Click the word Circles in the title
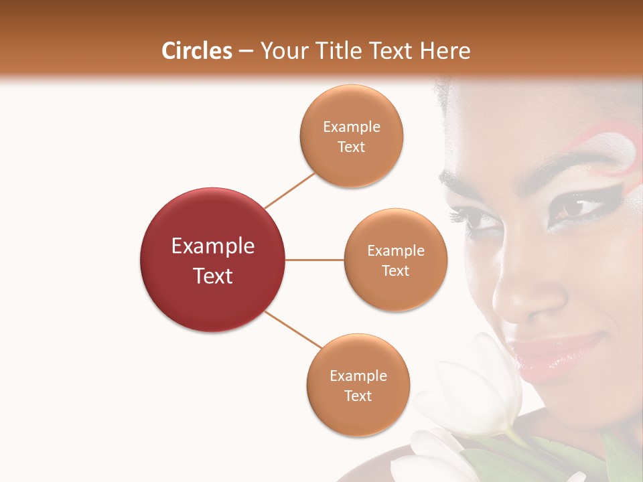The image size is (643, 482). [196, 51]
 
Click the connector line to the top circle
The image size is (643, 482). [289, 190]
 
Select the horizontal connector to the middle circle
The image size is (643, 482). [314, 260]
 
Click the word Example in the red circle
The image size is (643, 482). [212, 246]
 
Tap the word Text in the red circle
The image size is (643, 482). [212, 276]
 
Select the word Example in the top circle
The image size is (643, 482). [352, 127]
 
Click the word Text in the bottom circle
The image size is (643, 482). [358, 396]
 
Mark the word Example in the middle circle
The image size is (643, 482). [395, 251]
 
